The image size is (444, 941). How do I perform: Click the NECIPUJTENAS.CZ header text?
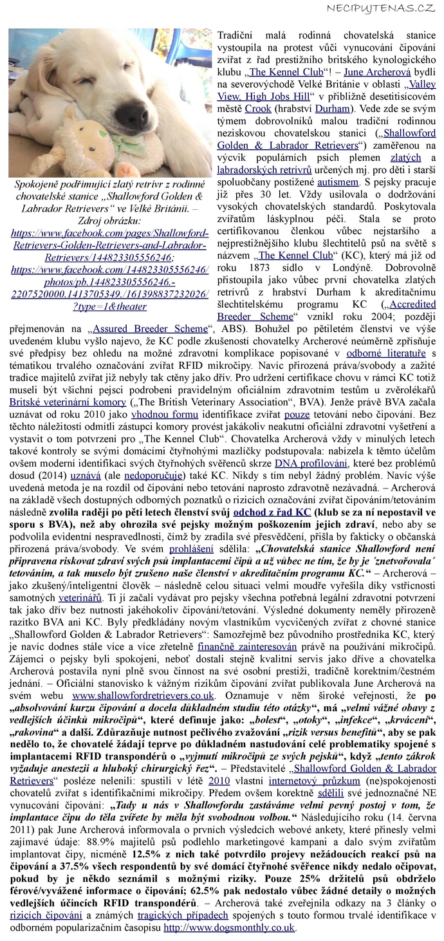click(x=381, y=8)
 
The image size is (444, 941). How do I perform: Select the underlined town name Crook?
click(x=257, y=109)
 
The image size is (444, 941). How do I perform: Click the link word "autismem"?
click(x=338, y=182)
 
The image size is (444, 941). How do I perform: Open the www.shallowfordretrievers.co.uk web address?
click(x=143, y=696)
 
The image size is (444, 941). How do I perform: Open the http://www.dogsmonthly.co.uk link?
click(x=228, y=928)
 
